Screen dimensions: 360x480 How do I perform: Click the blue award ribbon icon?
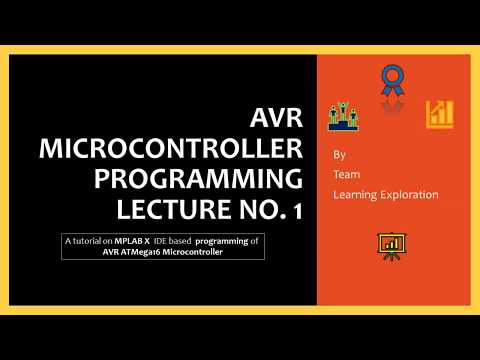coord(391,81)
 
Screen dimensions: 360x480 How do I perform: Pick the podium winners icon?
coord(343,116)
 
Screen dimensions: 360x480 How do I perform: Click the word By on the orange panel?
coord(341,155)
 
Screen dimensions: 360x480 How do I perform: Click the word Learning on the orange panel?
coord(357,194)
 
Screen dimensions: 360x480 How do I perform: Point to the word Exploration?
coord(411,194)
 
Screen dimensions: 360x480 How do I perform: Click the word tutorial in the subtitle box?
coord(92,241)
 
